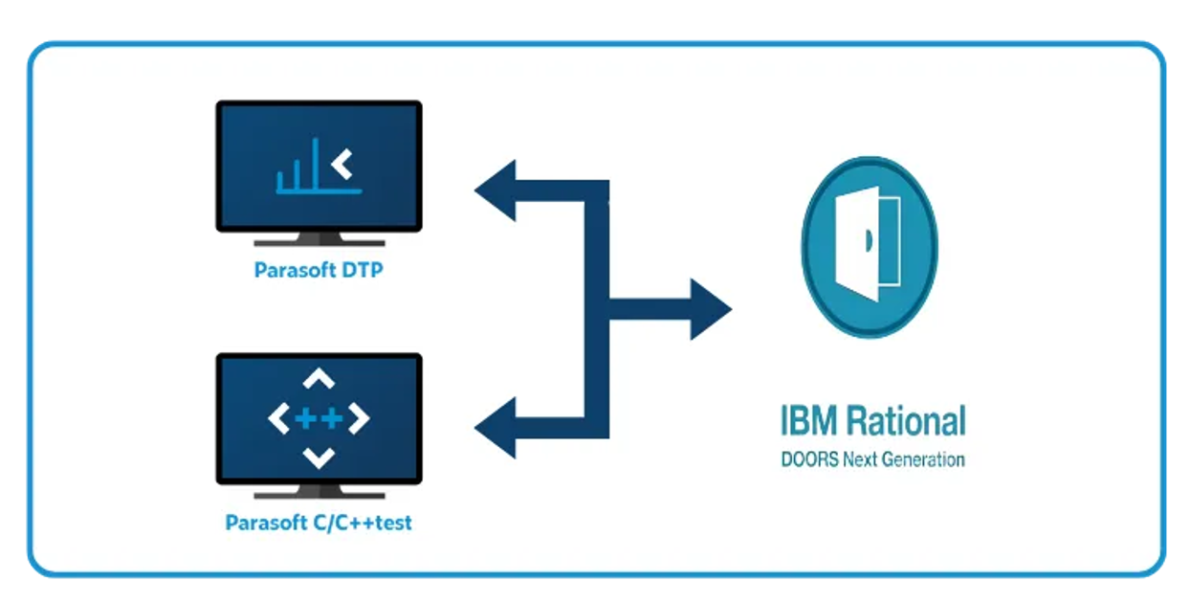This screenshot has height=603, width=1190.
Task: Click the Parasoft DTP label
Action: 318,271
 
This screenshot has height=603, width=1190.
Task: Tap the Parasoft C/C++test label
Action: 319,524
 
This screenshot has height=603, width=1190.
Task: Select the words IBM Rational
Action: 872,421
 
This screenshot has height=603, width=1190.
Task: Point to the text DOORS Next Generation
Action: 872,459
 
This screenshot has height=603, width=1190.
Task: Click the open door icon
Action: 869,248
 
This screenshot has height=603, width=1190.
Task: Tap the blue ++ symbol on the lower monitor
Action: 319,419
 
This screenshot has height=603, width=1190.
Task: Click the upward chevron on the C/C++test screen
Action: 319,380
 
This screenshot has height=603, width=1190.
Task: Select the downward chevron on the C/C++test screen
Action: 319,458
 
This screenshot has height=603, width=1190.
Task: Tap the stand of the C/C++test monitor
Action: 319,492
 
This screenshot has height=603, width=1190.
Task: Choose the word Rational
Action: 906,421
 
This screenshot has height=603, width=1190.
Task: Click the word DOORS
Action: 809,459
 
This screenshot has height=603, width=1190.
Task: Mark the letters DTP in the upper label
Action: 363,271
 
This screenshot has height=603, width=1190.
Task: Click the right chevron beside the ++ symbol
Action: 359,419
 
